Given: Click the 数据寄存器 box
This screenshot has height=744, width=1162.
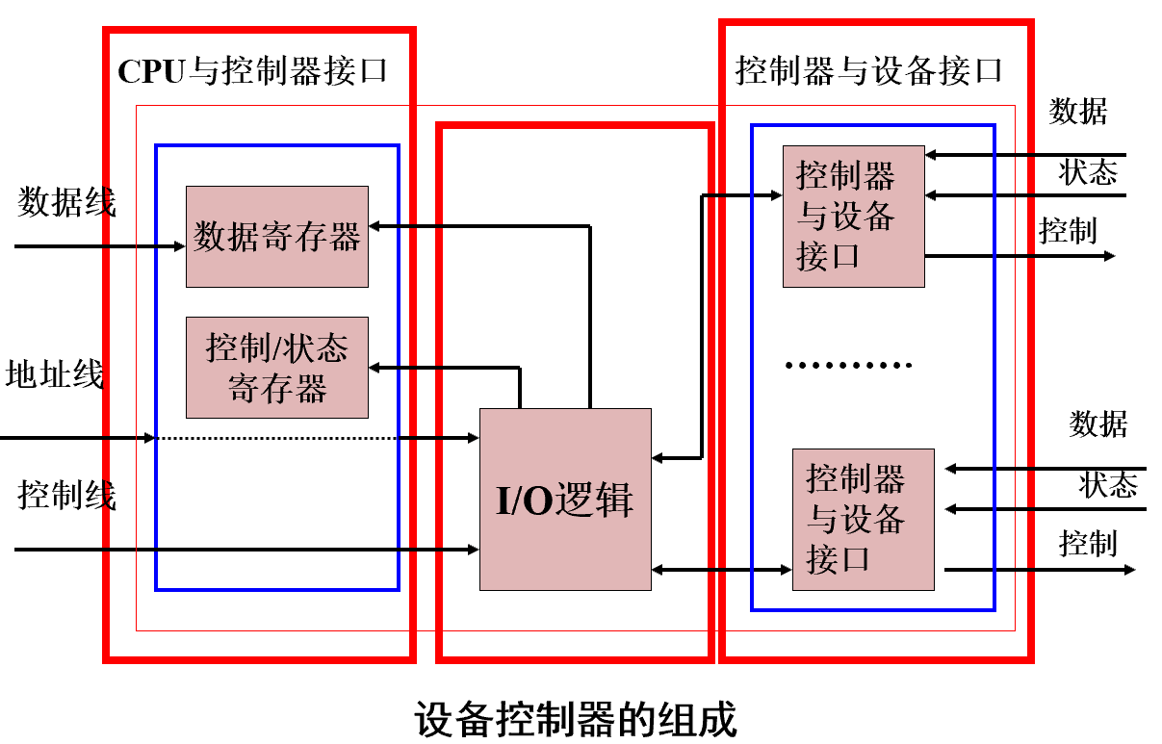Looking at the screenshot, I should [x=276, y=237].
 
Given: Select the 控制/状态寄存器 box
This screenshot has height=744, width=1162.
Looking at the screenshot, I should [x=276, y=368].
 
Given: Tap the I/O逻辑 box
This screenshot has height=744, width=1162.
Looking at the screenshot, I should [x=565, y=500].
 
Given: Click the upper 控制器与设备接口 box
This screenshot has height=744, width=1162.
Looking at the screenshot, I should [x=853, y=217].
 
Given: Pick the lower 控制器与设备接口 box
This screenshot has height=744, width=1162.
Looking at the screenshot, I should [x=863, y=520].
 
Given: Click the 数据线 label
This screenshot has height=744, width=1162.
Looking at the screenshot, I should [x=66, y=203].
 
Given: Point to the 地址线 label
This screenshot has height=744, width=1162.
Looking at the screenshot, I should [x=54, y=374].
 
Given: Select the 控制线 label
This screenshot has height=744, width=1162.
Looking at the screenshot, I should [x=66, y=495].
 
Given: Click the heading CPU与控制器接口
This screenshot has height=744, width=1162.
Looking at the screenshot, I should [x=252, y=71].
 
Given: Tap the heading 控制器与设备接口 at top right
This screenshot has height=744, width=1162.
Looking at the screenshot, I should [x=869, y=70].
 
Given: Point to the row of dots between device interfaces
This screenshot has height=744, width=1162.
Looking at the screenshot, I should [x=847, y=366].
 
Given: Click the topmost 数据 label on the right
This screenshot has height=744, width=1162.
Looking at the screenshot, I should [x=1077, y=112].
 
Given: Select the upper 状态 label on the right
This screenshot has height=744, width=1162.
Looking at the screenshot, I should [x=1088, y=173].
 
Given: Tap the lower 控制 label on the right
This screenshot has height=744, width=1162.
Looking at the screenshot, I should [x=1088, y=544].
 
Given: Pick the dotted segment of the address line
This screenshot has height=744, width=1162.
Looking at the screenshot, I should [x=308, y=439].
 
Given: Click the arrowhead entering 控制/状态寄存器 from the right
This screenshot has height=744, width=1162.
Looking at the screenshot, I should [x=375, y=368].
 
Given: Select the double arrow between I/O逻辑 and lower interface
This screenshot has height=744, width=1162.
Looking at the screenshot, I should [x=722, y=570].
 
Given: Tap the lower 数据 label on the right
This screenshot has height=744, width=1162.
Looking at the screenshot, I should [x=1097, y=423].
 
